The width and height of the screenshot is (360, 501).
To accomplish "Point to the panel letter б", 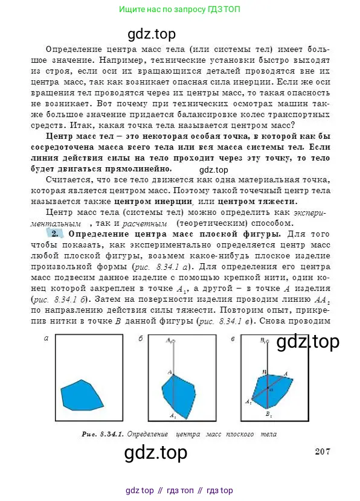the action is click(140, 339).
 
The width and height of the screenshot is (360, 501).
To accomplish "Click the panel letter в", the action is click(233, 339).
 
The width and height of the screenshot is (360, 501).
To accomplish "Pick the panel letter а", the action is click(46, 339).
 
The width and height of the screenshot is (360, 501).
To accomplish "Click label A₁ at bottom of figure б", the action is click(172, 416).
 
